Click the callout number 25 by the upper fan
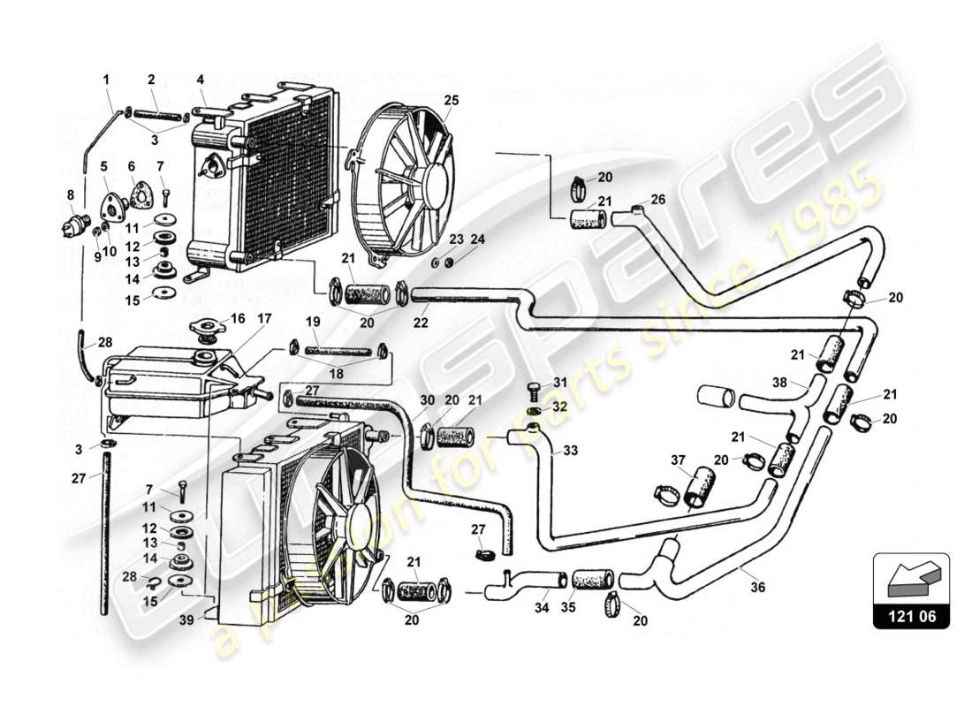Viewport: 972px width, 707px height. tap(452, 101)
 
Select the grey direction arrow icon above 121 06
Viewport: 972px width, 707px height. tap(910, 579)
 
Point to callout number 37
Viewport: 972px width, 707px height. tap(678, 460)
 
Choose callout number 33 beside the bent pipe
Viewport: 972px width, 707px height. tap(571, 451)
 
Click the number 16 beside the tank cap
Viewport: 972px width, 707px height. tap(238, 318)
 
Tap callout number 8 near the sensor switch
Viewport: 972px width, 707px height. tap(71, 195)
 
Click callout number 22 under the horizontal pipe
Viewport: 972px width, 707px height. tap(421, 324)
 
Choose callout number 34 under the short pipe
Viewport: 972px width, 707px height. tap(542, 608)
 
